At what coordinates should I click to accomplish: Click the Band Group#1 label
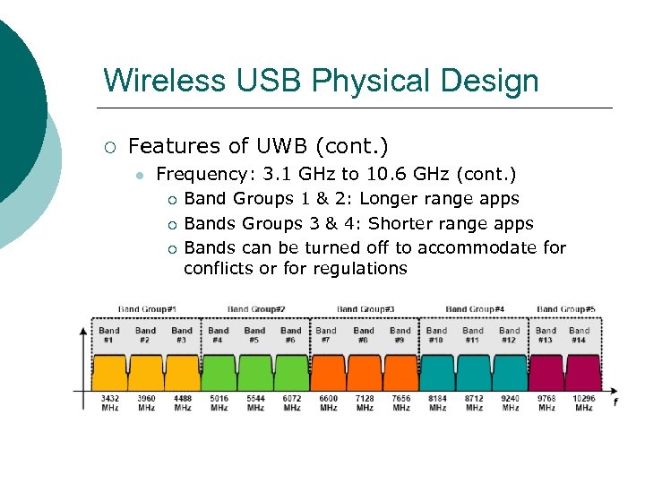tap(147, 309)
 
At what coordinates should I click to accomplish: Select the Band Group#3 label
tap(365, 309)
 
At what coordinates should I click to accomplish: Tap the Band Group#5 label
tap(566, 309)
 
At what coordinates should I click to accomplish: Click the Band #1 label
tap(109, 335)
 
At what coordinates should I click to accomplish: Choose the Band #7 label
tap(327, 335)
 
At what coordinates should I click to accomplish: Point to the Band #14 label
tap(580, 335)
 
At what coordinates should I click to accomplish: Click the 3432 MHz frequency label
tap(109, 403)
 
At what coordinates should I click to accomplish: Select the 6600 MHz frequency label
tap(328, 403)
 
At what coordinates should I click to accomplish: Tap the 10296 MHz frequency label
tap(583, 403)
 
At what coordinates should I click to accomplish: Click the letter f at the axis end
tap(615, 402)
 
